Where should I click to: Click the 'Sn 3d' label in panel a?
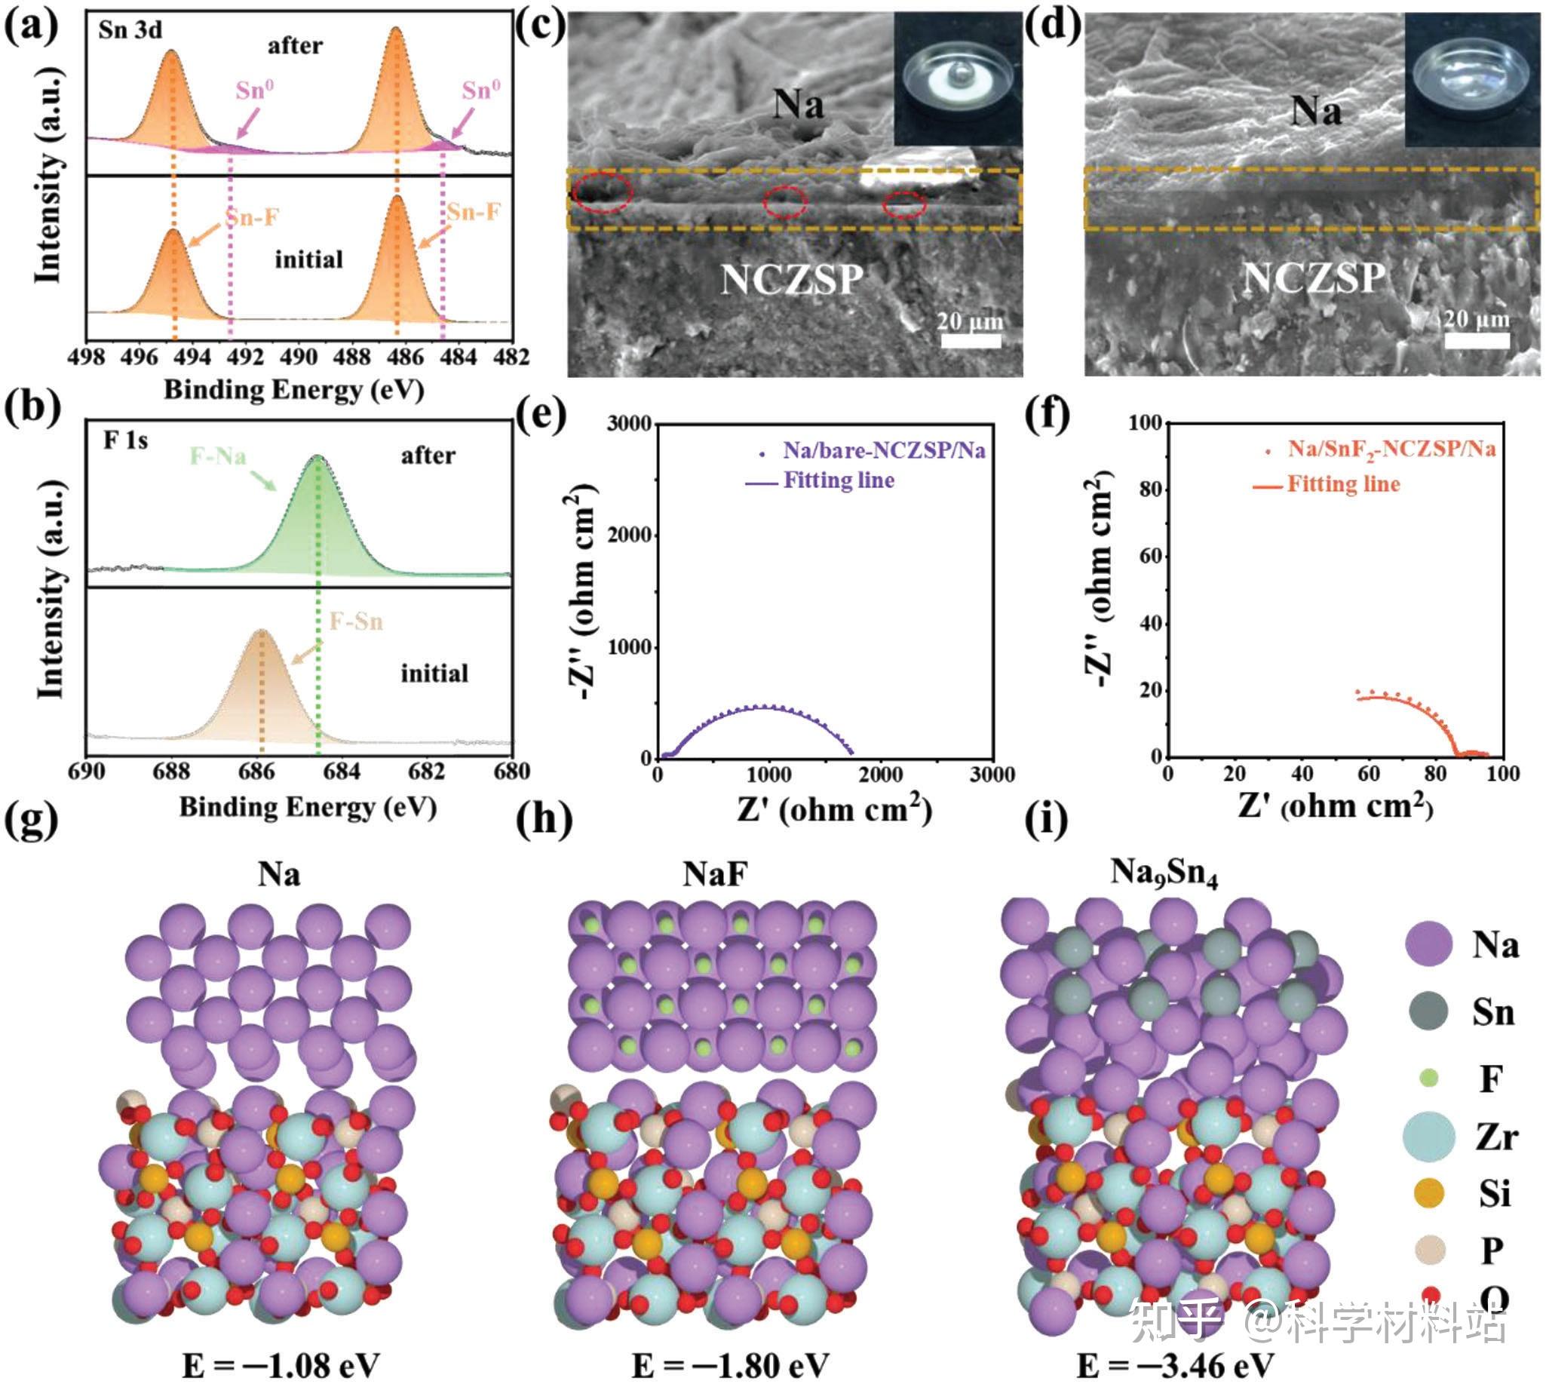click(x=130, y=30)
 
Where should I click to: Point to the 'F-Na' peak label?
click(x=217, y=456)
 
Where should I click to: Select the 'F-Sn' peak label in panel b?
click(x=356, y=621)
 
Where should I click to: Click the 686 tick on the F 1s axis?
click(x=256, y=772)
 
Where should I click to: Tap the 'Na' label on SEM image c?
click(x=799, y=104)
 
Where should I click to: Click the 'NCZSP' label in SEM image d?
click(x=1313, y=278)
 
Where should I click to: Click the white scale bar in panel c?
click(x=971, y=341)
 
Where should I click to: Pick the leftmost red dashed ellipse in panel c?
click(x=603, y=193)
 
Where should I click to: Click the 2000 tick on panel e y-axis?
click(x=630, y=535)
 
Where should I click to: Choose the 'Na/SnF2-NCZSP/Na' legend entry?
click(x=1391, y=450)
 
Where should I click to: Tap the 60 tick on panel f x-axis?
click(x=1368, y=774)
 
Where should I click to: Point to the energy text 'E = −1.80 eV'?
click(x=729, y=1366)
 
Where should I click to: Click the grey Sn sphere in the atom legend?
click(x=1428, y=1012)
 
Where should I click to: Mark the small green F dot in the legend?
click(x=1429, y=1078)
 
